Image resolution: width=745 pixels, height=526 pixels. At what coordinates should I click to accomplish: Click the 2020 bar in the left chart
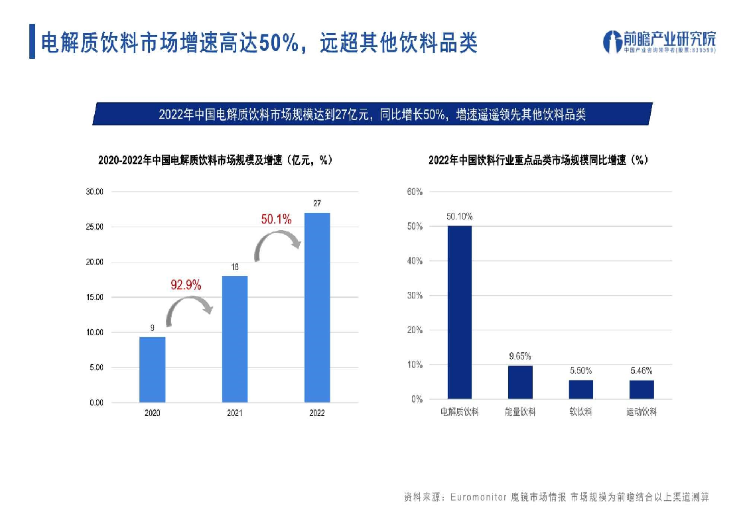(x=152, y=369)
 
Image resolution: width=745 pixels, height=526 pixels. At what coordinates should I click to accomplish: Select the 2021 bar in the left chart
(x=234, y=338)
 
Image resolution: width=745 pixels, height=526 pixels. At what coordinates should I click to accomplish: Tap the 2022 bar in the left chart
(x=316, y=307)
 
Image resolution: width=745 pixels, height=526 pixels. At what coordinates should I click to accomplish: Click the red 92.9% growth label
(x=186, y=285)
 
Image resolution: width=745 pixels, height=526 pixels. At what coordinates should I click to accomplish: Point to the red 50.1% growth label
(x=276, y=220)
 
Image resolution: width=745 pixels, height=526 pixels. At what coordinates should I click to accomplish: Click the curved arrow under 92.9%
(x=188, y=310)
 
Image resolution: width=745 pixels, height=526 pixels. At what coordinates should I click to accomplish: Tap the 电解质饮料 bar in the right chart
(x=459, y=312)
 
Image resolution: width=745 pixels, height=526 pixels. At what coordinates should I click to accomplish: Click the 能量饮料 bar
(x=520, y=382)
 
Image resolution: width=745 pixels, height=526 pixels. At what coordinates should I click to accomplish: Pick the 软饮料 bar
(x=580, y=389)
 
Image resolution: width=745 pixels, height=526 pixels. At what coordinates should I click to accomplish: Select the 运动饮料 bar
(x=642, y=389)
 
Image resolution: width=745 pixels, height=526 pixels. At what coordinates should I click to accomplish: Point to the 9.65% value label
(x=520, y=356)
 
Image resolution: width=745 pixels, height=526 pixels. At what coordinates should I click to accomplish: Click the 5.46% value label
(x=642, y=371)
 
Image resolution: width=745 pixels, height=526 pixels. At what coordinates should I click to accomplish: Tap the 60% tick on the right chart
(x=415, y=192)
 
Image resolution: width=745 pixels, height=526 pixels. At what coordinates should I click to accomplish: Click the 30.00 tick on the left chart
(x=94, y=192)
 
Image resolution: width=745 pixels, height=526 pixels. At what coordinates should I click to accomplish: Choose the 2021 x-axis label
(x=234, y=413)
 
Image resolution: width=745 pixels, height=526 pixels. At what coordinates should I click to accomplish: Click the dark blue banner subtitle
(x=372, y=114)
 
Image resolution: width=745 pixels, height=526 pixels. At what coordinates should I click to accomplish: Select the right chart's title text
(x=538, y=160)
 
